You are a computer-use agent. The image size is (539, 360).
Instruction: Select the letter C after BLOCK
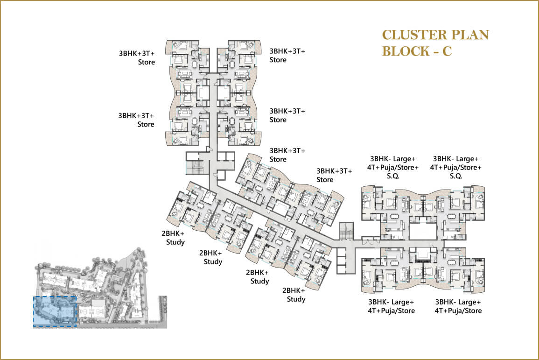tap(446, 51)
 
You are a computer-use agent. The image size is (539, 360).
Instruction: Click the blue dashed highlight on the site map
tap(55, 311)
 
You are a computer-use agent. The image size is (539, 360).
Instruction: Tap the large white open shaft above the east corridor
tap(424, 230)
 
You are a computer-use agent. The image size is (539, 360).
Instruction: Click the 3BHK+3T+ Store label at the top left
tap(137, 57)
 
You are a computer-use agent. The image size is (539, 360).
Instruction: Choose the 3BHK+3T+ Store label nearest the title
tap(287, 55)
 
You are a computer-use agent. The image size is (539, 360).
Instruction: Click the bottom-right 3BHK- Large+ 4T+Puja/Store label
tap(458, 306)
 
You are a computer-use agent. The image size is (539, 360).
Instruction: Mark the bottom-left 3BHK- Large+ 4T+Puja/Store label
tap(391, 306)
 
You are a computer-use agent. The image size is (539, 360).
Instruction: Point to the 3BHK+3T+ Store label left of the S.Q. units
tap(334, 175)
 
